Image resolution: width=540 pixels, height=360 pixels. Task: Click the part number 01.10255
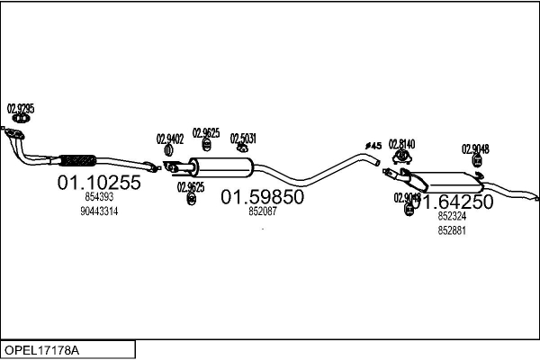(x=99, y=183)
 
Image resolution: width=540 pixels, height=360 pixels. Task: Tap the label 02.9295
(x=21, y=109)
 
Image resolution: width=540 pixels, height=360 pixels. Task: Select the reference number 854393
(x=99, y=197)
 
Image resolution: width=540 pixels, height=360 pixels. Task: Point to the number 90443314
(x=99, y=211)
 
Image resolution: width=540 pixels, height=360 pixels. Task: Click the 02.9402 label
(x=170, y=139)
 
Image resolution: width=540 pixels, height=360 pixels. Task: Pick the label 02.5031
(x=243, y=139)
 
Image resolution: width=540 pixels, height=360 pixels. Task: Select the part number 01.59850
(x=263, y=197)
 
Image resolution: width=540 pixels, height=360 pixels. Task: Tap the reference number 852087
(x=263, y=212)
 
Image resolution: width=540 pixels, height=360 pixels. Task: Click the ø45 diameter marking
(x=373, y=145)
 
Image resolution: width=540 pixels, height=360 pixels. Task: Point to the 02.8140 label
(x=402, y=144)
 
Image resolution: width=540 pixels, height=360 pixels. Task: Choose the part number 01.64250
(x=453, y=202)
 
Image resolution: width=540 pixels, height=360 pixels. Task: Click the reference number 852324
(x=452, y=217)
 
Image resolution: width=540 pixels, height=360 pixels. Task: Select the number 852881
(x=452, y=230)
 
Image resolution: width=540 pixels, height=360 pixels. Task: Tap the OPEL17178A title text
(x=41, y=347)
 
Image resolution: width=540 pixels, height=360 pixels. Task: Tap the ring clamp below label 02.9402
(x=171, y=155)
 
